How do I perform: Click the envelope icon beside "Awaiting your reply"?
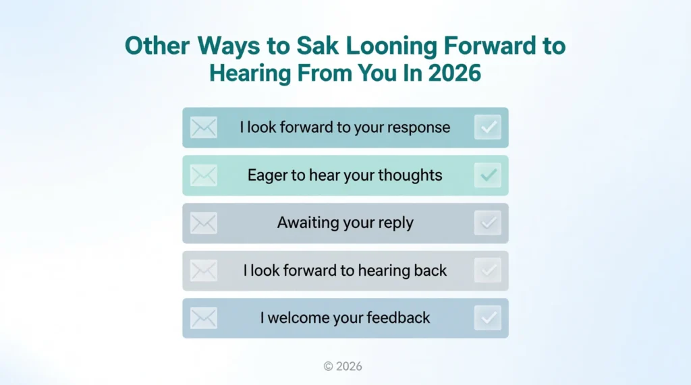click(204, 223)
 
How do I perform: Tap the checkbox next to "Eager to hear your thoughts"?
click(488, 175)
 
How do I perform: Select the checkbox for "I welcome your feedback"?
click(488, 318)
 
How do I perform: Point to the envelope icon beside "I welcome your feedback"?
click(204, 318)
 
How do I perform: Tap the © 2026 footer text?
click(343, 366)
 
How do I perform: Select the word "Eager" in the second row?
click(268, 175)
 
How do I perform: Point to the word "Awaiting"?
click(308, 223)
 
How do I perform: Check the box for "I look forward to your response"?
click(488, 127)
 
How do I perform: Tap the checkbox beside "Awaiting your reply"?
click(488, 223)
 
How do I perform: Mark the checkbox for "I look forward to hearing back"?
click(488, 270)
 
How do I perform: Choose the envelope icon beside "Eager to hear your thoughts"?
click(204, 175)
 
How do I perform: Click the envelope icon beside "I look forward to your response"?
click(204, 127)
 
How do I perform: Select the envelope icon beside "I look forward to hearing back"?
click(204, 270)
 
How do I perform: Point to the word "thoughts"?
click(410, 175)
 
